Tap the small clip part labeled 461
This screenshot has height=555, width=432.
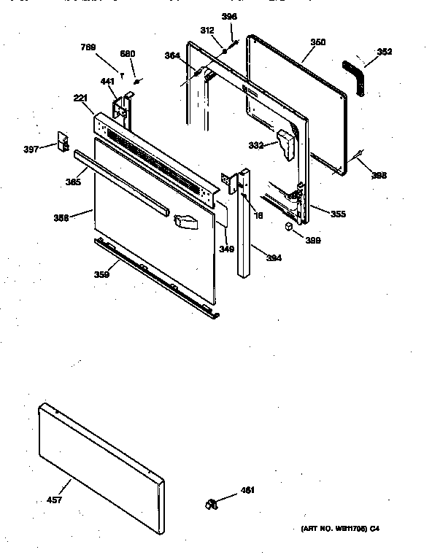[212, 502]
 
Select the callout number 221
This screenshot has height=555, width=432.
[80, 98]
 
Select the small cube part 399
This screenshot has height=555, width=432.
[289, 228]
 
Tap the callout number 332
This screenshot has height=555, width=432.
[255, 145]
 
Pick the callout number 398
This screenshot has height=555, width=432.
[379, 175]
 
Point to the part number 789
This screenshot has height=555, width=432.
[88, 48]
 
